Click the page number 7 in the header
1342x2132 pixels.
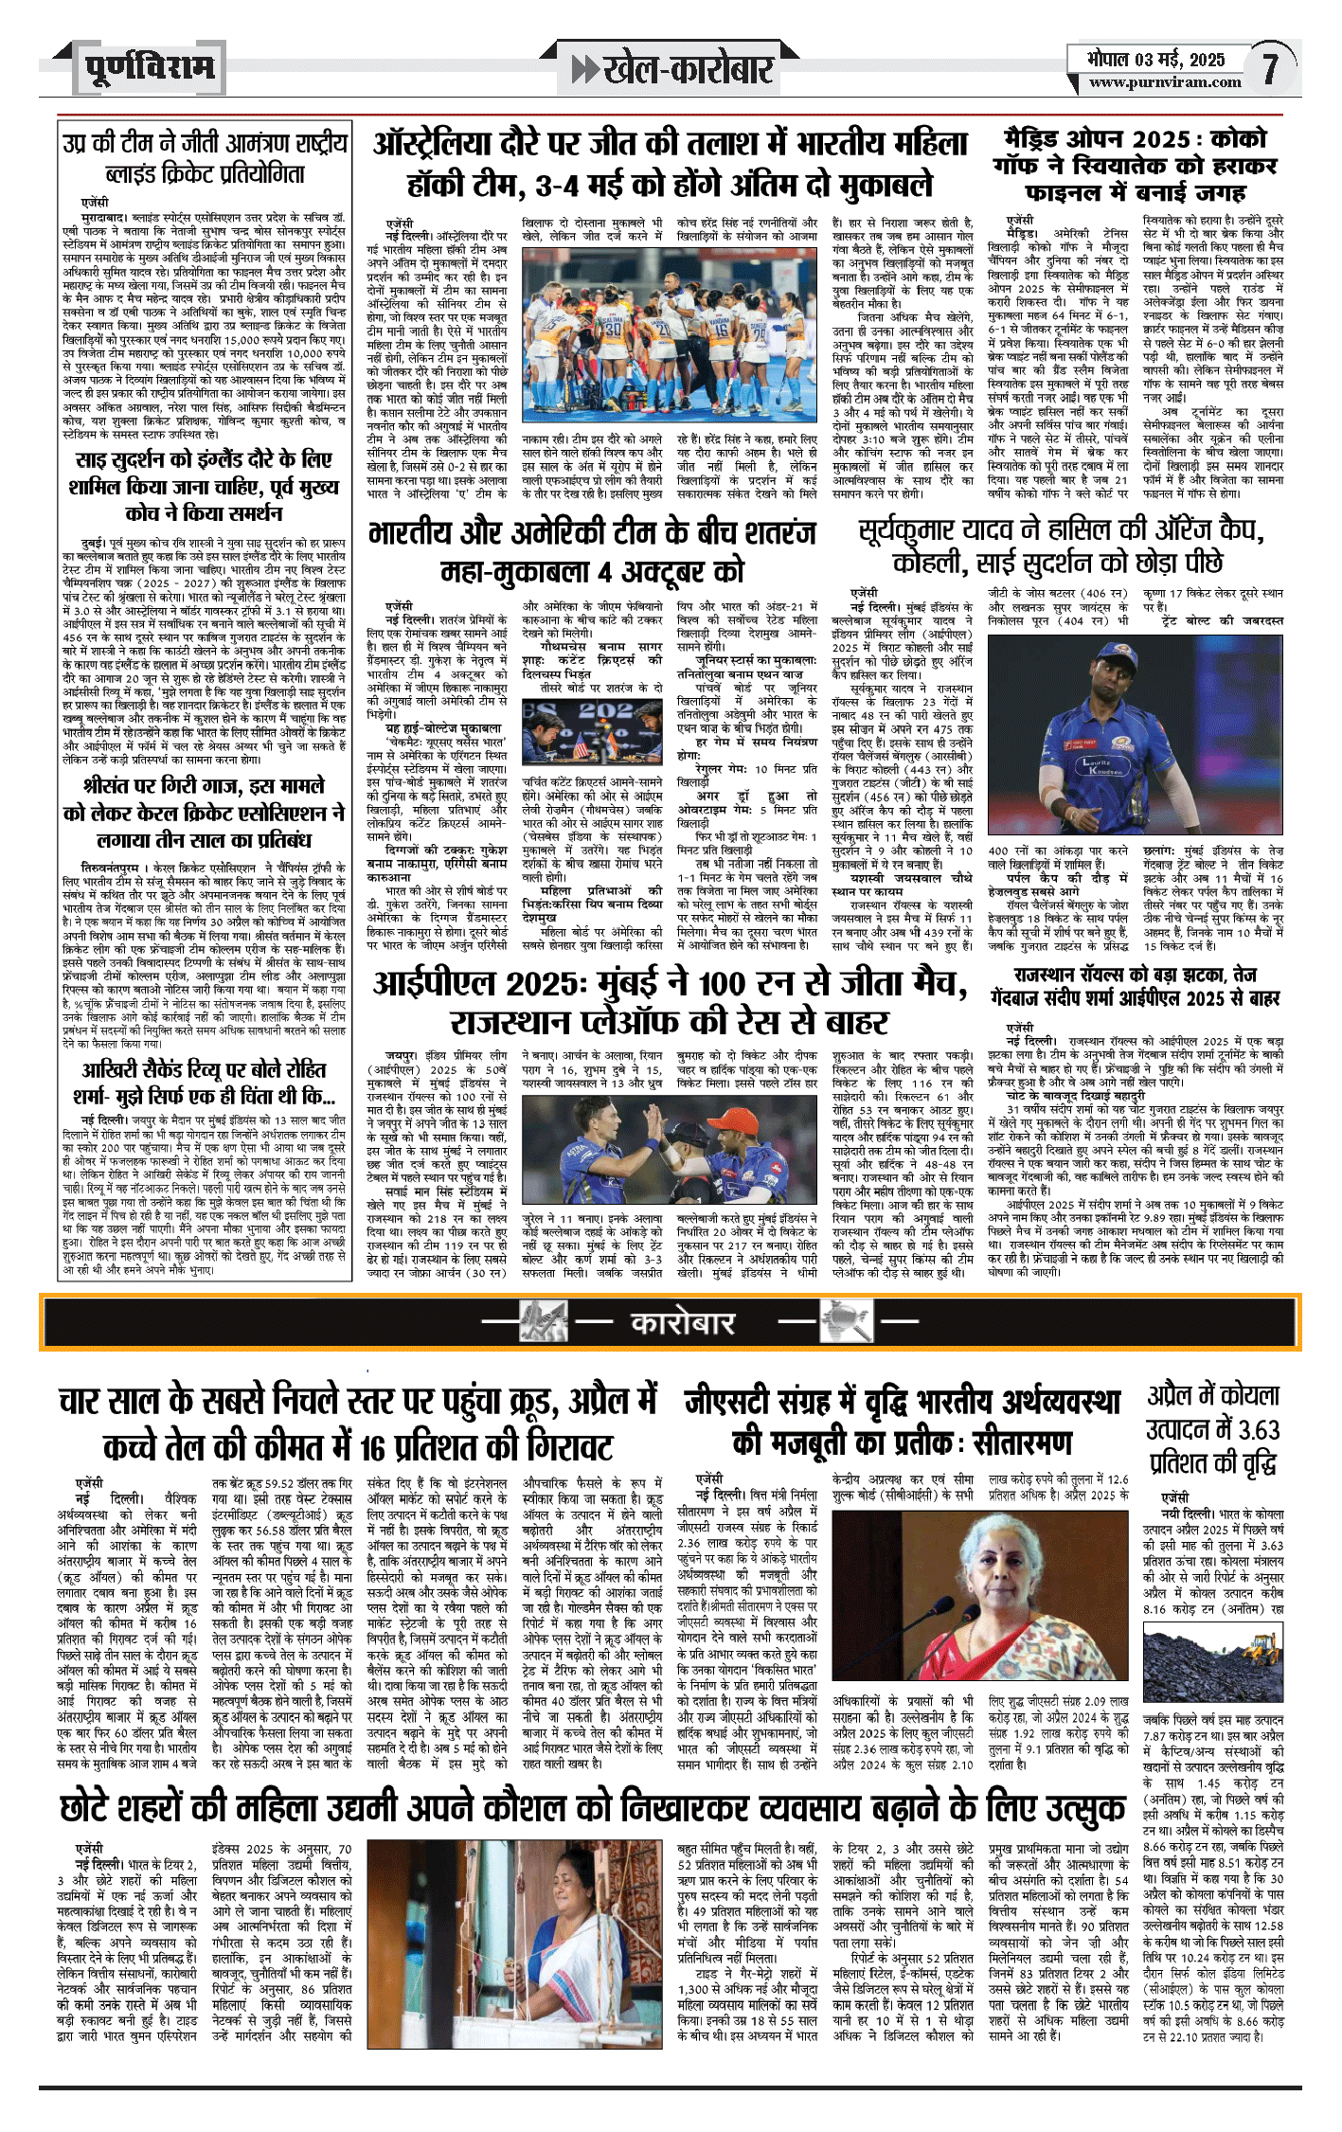pyautogui.click(x=1269, y=68)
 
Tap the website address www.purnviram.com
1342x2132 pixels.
pyautogui.click(x=1164, y=82)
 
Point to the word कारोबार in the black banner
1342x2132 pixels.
pyautogui.click(x=683, y=1321)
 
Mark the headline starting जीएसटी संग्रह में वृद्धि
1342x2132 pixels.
pyautogui.click(x=903, y=1422)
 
